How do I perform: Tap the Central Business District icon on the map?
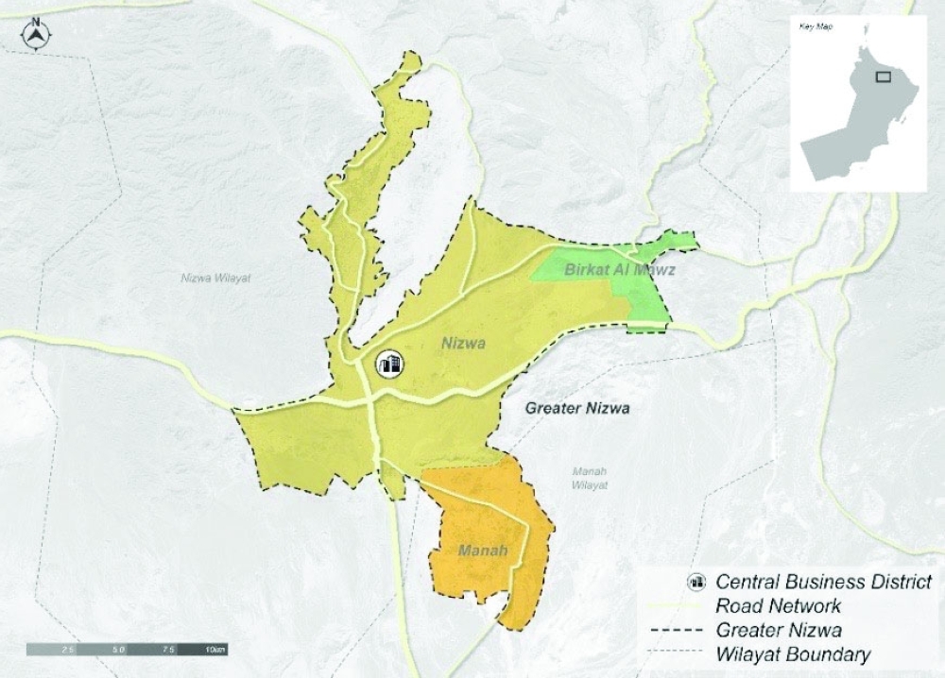click(x=389, y=364)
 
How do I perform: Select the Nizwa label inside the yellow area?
click(x=463, y=344)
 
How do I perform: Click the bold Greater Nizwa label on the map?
click(x=577, y=409)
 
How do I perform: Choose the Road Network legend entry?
click(x=779, y=605)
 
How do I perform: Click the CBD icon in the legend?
click(x=698, y=581)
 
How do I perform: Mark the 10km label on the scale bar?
click(x=215, y=650)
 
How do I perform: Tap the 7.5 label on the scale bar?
click(x=168, y=650)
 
